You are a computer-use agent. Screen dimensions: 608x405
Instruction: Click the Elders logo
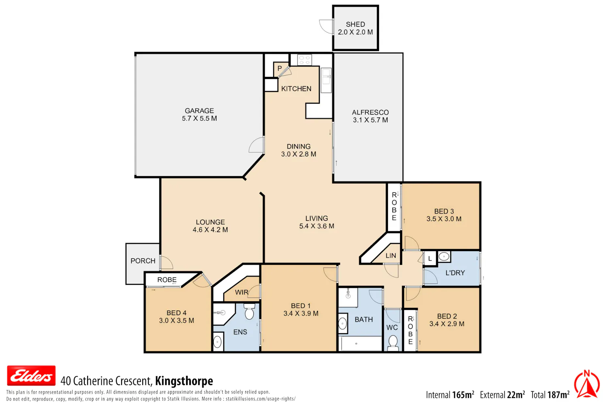tap(31, 376)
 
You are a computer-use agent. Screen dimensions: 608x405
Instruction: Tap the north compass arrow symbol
tap(587, 384)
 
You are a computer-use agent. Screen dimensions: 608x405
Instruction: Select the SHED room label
tap(355, 24)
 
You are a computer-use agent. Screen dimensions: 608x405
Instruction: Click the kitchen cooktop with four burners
tap(304, 60)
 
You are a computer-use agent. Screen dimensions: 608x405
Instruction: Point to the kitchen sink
tap(326, 80)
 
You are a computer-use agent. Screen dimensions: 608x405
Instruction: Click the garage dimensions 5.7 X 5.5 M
tap(199, 119)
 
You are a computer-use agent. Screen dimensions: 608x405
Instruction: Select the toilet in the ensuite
tap(249, 311)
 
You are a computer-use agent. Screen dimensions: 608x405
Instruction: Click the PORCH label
tap(143, 261)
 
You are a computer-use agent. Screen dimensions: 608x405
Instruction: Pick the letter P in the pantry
tap(280, 68)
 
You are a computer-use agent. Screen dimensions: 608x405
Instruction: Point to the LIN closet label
tap(391, 256)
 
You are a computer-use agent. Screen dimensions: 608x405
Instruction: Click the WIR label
tap(242, 292)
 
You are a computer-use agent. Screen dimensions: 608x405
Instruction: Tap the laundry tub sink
tap(444, 256)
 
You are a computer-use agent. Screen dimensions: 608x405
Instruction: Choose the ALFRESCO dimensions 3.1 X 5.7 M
tap(370, 120)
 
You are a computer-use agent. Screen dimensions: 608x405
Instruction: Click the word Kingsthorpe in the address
tap(184, 381)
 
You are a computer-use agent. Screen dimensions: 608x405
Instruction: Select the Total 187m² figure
tap(550, 395)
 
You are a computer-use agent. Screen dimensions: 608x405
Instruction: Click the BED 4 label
tap(176, 313)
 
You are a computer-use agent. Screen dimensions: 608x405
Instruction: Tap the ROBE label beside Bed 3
tap(394, 207)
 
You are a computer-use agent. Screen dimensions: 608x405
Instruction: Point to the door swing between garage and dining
tap(256, 145)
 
